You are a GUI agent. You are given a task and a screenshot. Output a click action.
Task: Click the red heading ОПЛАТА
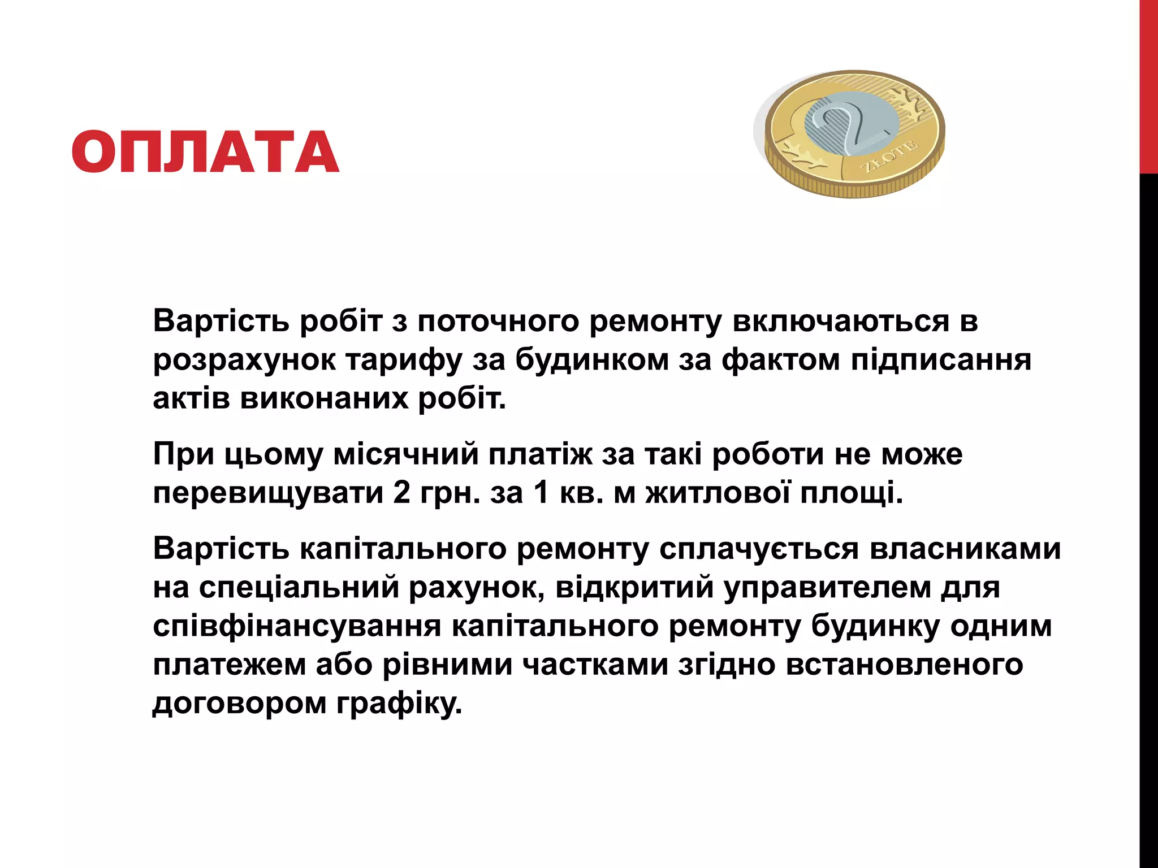tap(205, 151)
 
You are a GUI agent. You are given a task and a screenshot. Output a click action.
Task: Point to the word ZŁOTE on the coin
tap(889, 157)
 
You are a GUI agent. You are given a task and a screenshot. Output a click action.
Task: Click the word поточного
tap(498, 321)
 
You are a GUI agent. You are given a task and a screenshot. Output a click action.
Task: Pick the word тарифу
tap(404, 361)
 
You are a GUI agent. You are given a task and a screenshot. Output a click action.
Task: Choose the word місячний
tap(406, 454)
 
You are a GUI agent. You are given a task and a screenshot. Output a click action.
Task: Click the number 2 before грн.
tap(401, 492)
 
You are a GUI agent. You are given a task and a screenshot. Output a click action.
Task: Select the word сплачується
tap(759, 548)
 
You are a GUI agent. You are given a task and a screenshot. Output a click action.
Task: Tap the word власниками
tap(965, 548)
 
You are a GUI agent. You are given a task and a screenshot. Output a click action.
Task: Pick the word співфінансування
tap(297, 626)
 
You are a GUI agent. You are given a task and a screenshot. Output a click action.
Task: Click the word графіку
tap(399, 704)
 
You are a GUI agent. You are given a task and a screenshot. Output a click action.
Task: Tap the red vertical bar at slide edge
tap(1148, 85)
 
